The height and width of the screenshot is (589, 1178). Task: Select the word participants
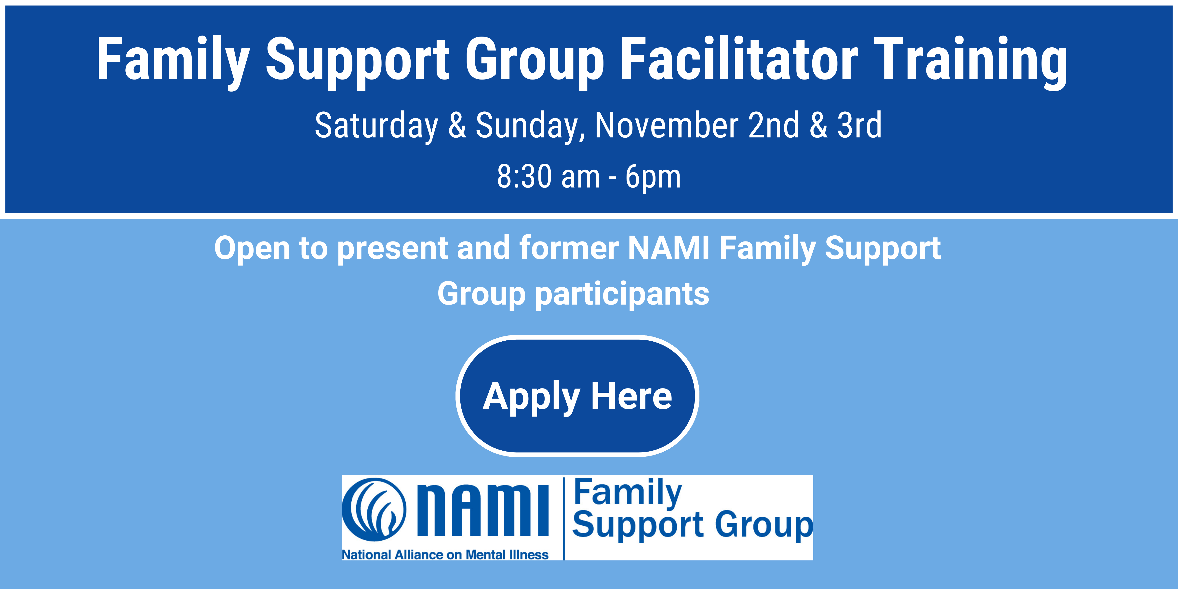coord(622,295)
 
